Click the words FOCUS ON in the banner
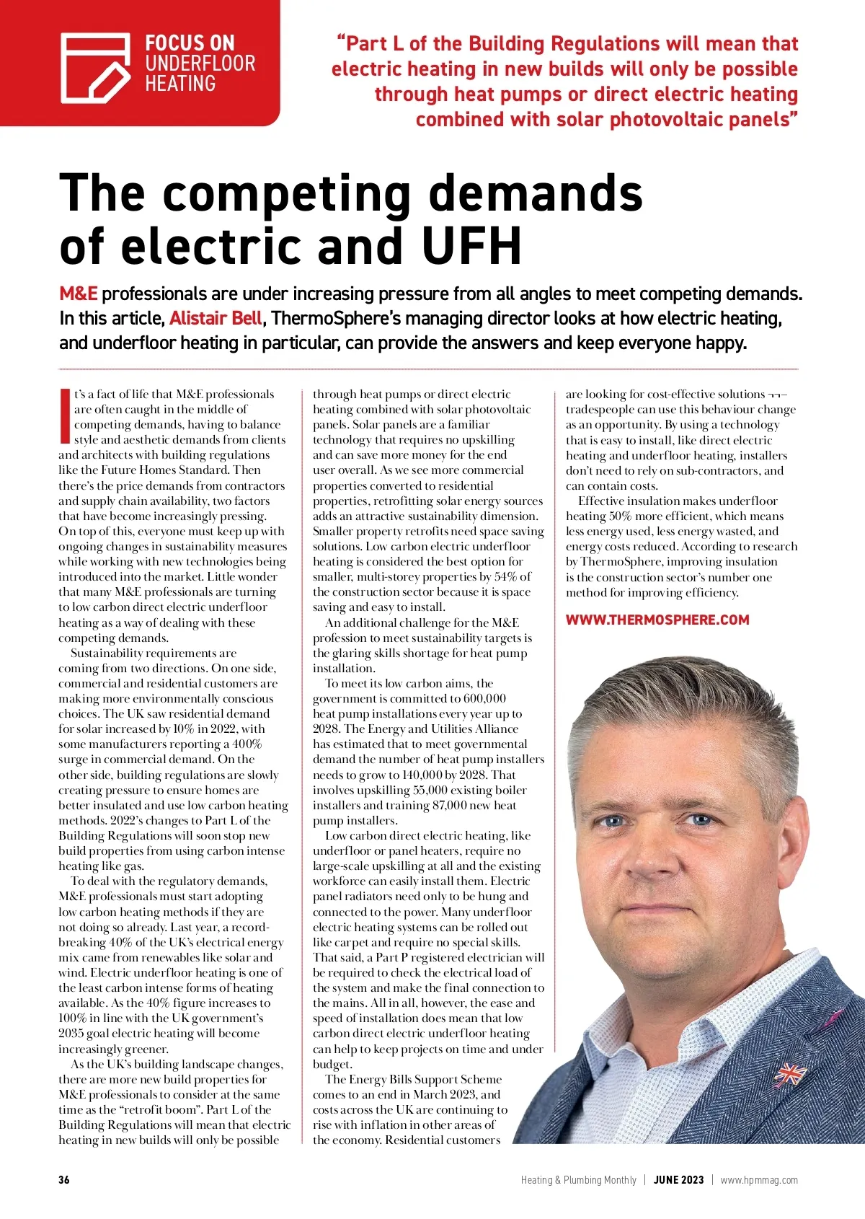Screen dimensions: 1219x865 tap(190, 43)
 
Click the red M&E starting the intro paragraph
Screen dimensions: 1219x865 tap(78, 294)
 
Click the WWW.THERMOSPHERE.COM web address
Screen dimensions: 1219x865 tap(657, 620)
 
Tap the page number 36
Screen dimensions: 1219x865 tap(64, 1180)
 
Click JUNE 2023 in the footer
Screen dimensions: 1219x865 tap(678, 1180)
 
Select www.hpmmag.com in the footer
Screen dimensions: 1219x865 tap(759, 1180)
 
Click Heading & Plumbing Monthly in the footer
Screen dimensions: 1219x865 tap(579, 1180)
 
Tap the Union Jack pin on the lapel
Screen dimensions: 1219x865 tap(790, 1074)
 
